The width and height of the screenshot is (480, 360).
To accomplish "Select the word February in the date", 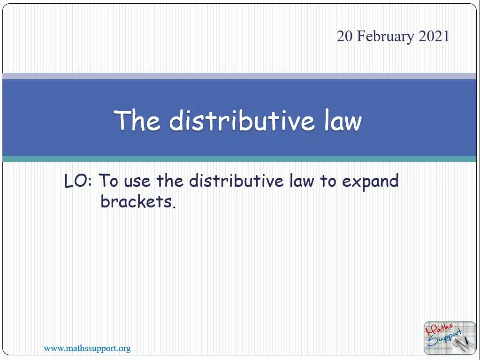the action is (x=386, y=37).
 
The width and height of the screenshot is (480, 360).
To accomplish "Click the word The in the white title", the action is (x=137, y=120).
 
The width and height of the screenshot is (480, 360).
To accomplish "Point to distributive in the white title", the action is (x=242, y=120).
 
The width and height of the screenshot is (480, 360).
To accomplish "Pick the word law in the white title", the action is (x=343, y=120).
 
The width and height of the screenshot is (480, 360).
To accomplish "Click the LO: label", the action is (x=78, y=181).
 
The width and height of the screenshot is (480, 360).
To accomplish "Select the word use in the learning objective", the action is (x=137, y=182).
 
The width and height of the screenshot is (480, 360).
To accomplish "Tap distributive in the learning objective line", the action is (x=236, y=181).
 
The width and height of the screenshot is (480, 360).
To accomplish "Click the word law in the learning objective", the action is (x=302, y=181).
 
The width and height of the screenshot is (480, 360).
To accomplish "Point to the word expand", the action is (x=370, y=182).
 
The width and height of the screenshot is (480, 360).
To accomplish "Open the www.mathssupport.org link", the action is (x=87, y=348).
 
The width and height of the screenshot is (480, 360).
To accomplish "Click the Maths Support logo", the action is (x=450, y=337).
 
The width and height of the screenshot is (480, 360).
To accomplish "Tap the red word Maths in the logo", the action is (x=439, y=329).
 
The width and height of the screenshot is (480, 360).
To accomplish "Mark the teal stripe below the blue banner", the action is (x=239, y=159).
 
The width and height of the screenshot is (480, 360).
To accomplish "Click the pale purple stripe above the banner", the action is (x=239, y=76).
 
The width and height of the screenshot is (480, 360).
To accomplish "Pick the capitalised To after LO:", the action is (x=108, y=181).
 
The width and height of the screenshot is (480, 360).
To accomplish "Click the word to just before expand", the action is (x=328, y=181).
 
